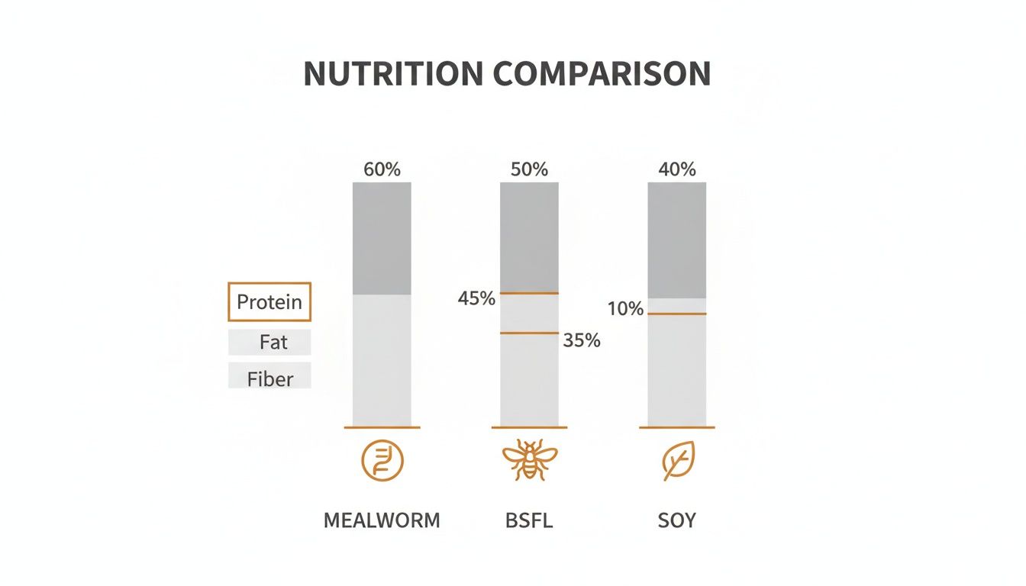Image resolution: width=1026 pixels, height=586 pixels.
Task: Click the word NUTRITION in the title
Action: (x=393, y=73)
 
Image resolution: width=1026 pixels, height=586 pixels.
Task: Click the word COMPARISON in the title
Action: (x=602, y=73)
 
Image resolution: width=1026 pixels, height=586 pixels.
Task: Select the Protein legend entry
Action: (x=269, y=302)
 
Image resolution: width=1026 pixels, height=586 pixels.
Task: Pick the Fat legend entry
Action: (x=273, y=342)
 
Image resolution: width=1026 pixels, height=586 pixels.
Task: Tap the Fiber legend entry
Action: (x=269, y=378)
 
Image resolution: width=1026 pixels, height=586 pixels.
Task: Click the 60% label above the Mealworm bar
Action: (x=382, y=169)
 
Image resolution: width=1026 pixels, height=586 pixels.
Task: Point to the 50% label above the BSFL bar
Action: (x=529, y=169)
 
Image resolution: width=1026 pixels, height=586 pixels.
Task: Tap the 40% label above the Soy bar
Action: (x=677, y=169)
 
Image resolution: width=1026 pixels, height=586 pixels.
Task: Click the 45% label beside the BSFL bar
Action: (x=476, y=299)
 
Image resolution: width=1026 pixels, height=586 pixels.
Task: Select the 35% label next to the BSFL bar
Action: (x=582, y=341)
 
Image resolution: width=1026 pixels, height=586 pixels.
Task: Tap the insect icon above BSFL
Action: (x=529, y=460)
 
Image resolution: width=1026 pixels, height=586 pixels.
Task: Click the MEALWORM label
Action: (x=382, y=521)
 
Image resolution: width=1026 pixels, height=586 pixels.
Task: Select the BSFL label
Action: (x=529, y=521)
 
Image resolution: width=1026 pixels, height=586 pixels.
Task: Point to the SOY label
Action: (x=677, y=521)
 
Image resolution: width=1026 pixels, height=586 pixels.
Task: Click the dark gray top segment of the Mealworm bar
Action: (x=382, y=238)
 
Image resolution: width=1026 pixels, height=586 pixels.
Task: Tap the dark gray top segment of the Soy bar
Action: (x=677, y=240)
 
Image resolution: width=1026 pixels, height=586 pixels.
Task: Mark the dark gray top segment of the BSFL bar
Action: (x=529, y=237)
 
